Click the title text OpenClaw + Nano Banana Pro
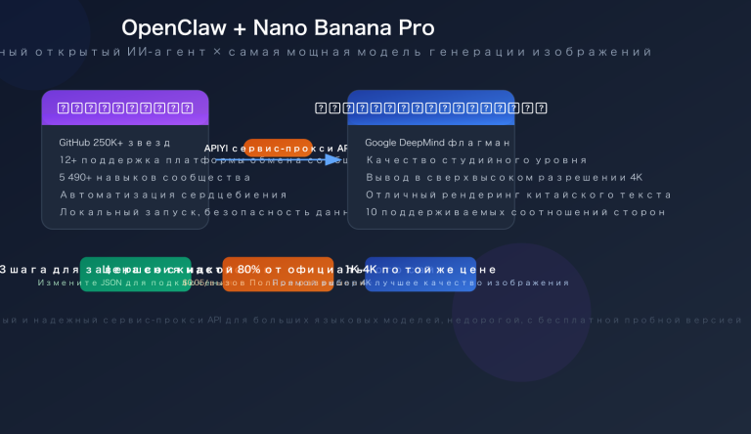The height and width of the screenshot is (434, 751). [278, 28]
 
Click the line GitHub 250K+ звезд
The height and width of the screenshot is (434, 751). [114, 143]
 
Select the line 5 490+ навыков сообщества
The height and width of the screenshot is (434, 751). [141, 177]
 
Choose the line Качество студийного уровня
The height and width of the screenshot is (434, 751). [476, 160]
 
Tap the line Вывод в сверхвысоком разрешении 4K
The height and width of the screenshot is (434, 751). [504, 177]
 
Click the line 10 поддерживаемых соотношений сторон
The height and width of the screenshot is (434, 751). [515, 211]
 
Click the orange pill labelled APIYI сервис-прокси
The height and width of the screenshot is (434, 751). [278, 148]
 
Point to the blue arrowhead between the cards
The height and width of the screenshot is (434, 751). [334, 159]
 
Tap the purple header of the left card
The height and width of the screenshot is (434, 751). [124, 107]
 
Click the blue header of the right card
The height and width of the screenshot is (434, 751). [430, 107]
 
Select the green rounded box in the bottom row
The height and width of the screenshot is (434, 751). [135, 274]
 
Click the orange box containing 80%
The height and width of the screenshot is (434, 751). [278, 274]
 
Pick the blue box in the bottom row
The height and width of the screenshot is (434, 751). [420, 274]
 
